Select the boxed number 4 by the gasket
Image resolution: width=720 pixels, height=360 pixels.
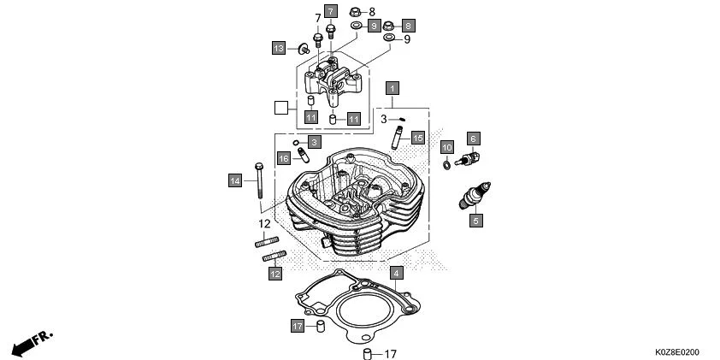(396, 274)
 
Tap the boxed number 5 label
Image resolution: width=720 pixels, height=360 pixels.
(476, 221)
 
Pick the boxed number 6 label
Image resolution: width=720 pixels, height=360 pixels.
(472, 138)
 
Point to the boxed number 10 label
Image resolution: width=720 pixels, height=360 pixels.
(446, 147)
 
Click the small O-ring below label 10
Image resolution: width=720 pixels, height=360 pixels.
(446, 163)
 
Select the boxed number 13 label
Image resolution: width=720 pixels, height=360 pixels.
(279, 48)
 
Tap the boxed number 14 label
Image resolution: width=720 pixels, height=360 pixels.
(234, 180)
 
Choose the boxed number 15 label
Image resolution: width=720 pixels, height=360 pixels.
(417, 138)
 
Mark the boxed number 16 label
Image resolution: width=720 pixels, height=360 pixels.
(284, 159)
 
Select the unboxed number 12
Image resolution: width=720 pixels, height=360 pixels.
(265, 224)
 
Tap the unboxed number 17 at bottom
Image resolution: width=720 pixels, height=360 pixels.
(390, 354)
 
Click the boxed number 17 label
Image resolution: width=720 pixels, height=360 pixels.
(298, 327)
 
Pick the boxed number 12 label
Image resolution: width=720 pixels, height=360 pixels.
(274, 274)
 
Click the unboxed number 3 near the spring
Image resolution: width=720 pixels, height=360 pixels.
(385, 119)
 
